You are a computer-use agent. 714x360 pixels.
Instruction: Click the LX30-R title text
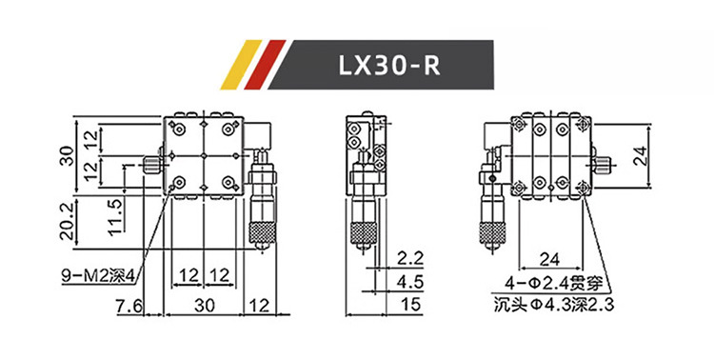pyautogui.click(x=389, y=66)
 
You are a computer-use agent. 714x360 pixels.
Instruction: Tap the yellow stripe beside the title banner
pyautogui.click(x=241, y=65)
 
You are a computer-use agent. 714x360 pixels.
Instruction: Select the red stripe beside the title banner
pyautogui.click(x=265, y=65)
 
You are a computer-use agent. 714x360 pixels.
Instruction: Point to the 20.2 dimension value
pyautogui.click(x=67, y=222)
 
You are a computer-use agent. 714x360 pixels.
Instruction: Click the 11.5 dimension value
pyautogui.click(x=115, y=217)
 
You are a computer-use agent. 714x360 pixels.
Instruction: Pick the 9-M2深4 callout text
pyautogui.click(x=99, y=276)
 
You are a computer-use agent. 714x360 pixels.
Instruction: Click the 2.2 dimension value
pyautogui.click(x=409, y=258)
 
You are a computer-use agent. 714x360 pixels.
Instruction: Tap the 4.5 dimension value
pyautogui.click(x=409, y=282)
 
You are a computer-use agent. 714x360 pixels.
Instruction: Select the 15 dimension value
pyautogui.click(x=411, y=305)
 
